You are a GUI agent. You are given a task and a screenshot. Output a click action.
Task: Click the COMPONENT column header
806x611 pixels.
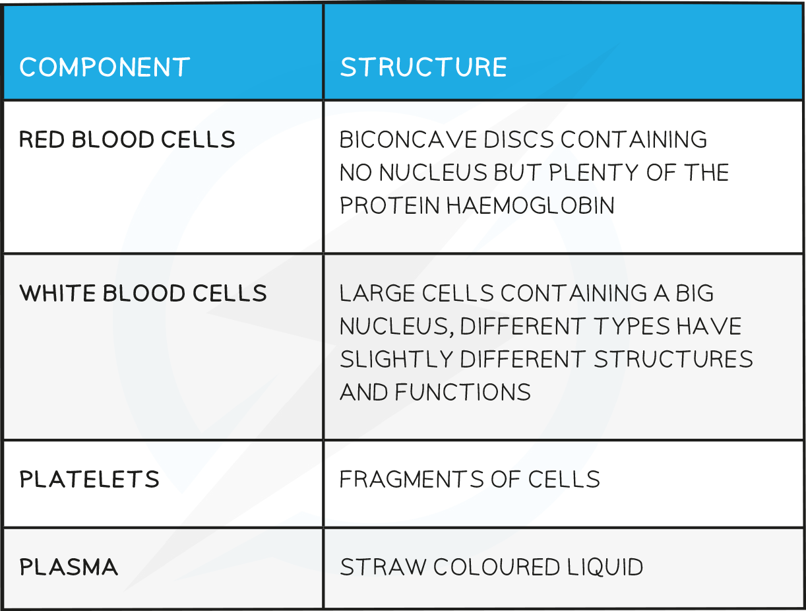tap(105, 67)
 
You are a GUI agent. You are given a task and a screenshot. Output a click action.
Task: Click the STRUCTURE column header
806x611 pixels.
tap(423, 67)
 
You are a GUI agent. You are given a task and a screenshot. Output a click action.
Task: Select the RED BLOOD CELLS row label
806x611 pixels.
tap(127, 140)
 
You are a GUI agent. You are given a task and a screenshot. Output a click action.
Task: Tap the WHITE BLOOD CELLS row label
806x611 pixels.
tap(143, 293)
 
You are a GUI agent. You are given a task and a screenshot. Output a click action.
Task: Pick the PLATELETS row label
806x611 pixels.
tap(90, 480)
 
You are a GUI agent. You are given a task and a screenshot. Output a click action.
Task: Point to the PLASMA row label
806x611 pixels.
tap(69, 567)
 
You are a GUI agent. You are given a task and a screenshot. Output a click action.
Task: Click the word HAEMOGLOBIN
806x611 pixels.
tap(530, 206)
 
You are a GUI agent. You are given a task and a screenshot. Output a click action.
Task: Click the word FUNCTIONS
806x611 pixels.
tap(463, 392)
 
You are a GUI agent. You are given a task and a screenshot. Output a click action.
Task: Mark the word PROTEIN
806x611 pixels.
tap(389, 206)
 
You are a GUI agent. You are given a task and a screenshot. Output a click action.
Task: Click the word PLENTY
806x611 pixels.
tap(591, 173)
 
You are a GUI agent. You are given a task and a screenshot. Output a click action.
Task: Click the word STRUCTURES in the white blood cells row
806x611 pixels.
tap(673, 359)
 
